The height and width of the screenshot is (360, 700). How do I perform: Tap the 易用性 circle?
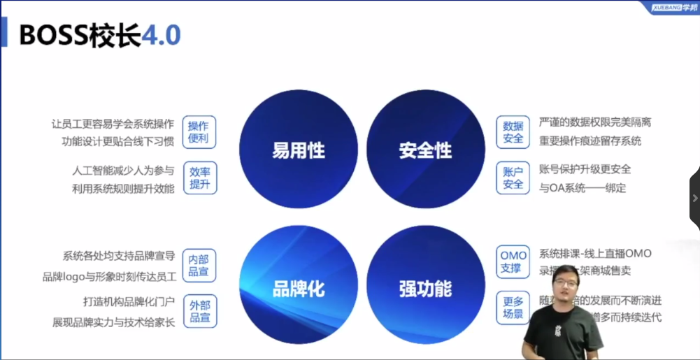coord(299,150)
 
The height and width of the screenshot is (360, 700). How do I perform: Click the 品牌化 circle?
coord(299,287)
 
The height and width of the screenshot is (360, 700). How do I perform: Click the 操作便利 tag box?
coord(199,132)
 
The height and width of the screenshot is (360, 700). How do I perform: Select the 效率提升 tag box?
coord(199,178)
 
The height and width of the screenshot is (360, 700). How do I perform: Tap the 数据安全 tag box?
coord(513,132)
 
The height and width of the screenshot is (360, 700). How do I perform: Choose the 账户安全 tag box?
coord(513,178)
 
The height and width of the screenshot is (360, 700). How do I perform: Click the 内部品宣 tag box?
coord(199,265)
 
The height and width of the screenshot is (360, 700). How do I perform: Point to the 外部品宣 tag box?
coord(199,311)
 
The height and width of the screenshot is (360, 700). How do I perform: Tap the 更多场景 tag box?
coord(513,308)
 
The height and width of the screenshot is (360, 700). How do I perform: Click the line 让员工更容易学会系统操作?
coord(113,124)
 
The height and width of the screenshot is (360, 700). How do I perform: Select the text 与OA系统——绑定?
coord(583,188)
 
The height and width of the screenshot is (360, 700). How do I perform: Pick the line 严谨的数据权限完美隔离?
coord(595,122)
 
